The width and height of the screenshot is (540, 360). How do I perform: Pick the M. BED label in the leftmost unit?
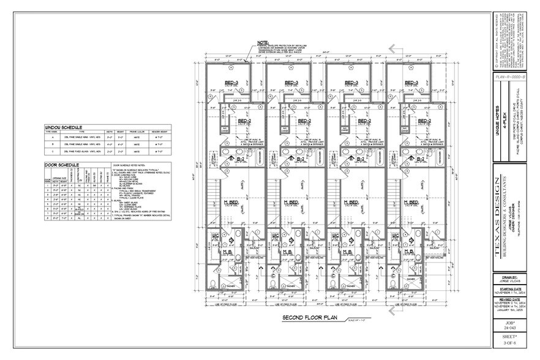pos(231,202)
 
